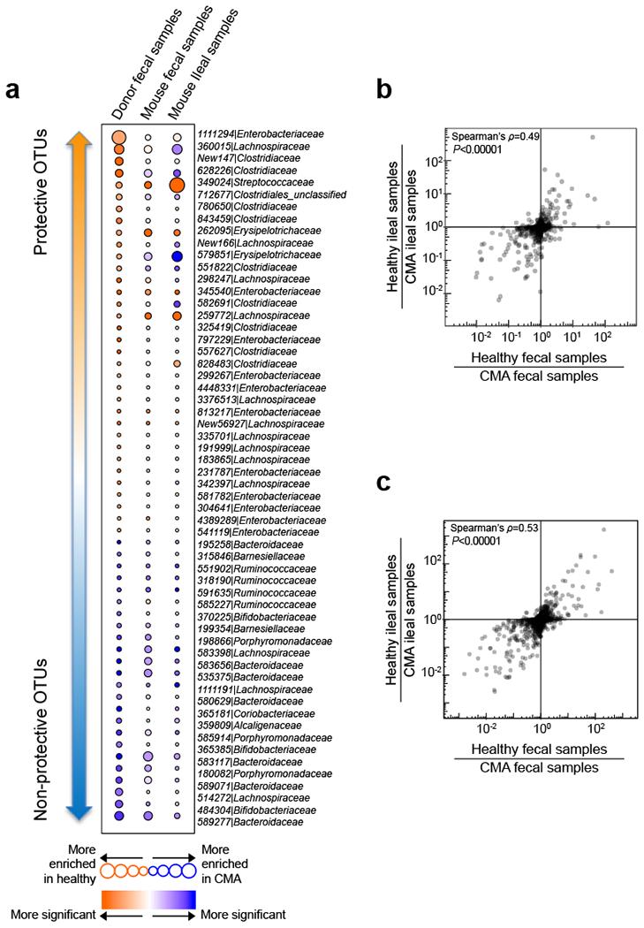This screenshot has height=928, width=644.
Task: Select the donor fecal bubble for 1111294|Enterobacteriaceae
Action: tap(118, 137)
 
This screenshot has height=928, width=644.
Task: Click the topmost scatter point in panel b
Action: tap(593, 137)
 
